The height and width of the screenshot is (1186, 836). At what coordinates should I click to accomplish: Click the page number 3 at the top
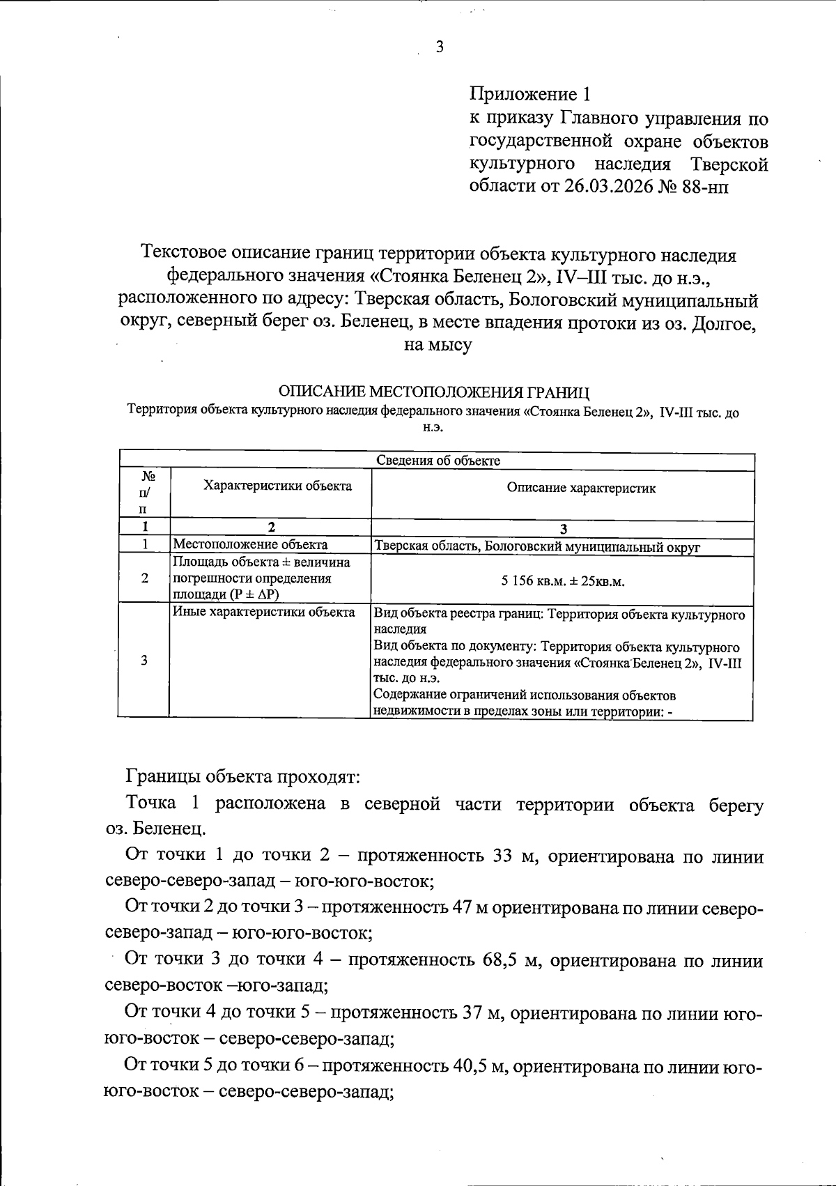pyautogui.click(x=439, y=47)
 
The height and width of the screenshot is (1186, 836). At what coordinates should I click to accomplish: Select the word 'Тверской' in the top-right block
pyautogui.click(x=729, y=164)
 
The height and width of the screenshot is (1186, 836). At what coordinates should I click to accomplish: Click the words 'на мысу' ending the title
pyautogui.click(x=438, y=345)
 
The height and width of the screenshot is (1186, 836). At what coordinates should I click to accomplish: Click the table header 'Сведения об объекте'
pyautogui.click(x=438, y=460)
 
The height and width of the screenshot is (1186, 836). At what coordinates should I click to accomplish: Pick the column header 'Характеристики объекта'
pyautogui.click(x=277, y=486)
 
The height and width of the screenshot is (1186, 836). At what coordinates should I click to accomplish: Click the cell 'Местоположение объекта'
pyautogui.click(x=250, y=545)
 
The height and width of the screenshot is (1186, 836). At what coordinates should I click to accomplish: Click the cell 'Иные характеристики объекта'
pyautogui.click(x=264, y=613)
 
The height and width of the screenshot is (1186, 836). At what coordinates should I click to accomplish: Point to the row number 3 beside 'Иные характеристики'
pyautogui.click(x=144, y=661)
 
